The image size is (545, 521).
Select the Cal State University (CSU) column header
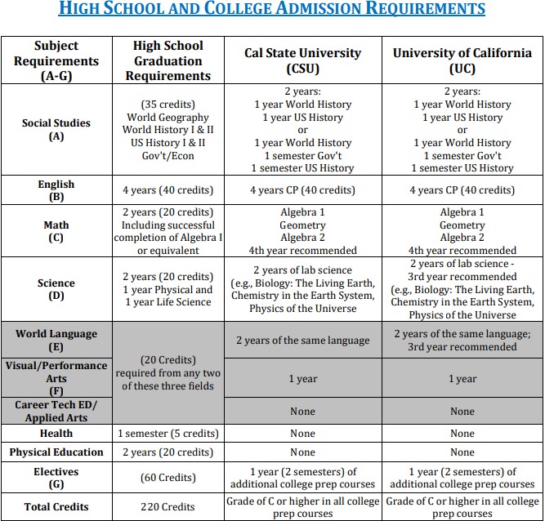[302, 60]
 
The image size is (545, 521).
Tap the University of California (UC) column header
[462, 60]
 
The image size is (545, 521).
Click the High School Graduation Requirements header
[168, 60]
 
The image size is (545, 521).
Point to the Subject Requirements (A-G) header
[56, 60]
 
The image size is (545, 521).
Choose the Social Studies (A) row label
[56, 130]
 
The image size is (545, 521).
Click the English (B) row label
[56, 190]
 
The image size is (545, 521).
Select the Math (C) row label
[56, 231]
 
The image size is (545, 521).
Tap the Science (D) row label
[56, 289]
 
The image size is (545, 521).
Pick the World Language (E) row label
[56, 340]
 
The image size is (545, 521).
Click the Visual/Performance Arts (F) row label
[56, 379]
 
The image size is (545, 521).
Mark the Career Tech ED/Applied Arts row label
[56, 412]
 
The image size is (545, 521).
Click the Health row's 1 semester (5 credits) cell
[168, 434]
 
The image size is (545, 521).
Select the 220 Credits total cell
[168, 506]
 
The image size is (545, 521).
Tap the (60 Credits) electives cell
[168, 478]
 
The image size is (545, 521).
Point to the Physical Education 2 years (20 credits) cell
[168, 452]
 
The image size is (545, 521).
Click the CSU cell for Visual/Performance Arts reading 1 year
[302, 379]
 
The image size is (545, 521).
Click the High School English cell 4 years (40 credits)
[168, 190]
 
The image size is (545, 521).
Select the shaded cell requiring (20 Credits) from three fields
[168, 372]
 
